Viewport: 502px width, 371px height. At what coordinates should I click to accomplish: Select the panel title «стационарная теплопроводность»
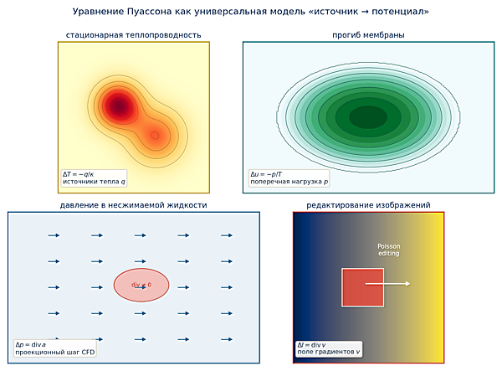(x=134, y=35)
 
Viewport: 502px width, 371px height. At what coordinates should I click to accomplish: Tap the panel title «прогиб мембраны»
(x=368, y=35)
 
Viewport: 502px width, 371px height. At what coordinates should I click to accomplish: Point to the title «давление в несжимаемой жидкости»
(x=134, y=205)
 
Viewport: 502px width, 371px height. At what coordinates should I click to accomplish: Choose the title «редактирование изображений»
(x=368, y=205)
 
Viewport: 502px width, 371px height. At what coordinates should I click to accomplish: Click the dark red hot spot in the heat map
(x=119, y=106)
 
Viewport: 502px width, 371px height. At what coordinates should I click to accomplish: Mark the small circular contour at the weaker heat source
(x=155, y=136)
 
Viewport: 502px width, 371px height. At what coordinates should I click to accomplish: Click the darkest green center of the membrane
(x=368, y=117)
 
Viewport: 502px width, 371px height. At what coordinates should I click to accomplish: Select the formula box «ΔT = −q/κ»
(x=78, y=174)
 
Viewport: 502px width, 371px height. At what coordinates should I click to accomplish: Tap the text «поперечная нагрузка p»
(x=289, y=182)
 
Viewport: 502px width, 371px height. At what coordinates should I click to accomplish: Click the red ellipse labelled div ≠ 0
(x=141, y=285)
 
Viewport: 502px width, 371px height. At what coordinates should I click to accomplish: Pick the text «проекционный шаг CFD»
(x=55, y=352)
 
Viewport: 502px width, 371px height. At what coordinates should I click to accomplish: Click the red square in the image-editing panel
(x=363, y=287)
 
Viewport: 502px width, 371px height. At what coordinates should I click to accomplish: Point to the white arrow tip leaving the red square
(x=410, y=284)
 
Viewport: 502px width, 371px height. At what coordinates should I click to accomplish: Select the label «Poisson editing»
(x=389, y=250)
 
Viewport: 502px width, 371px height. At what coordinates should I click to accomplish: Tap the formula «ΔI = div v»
(x=311, y=345)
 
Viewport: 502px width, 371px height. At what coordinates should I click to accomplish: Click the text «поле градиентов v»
(x=329, y=352)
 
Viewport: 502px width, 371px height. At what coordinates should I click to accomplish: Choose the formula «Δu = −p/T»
(x=266, y=174)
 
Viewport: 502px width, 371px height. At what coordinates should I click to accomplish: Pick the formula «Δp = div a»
(x=30, y=345)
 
